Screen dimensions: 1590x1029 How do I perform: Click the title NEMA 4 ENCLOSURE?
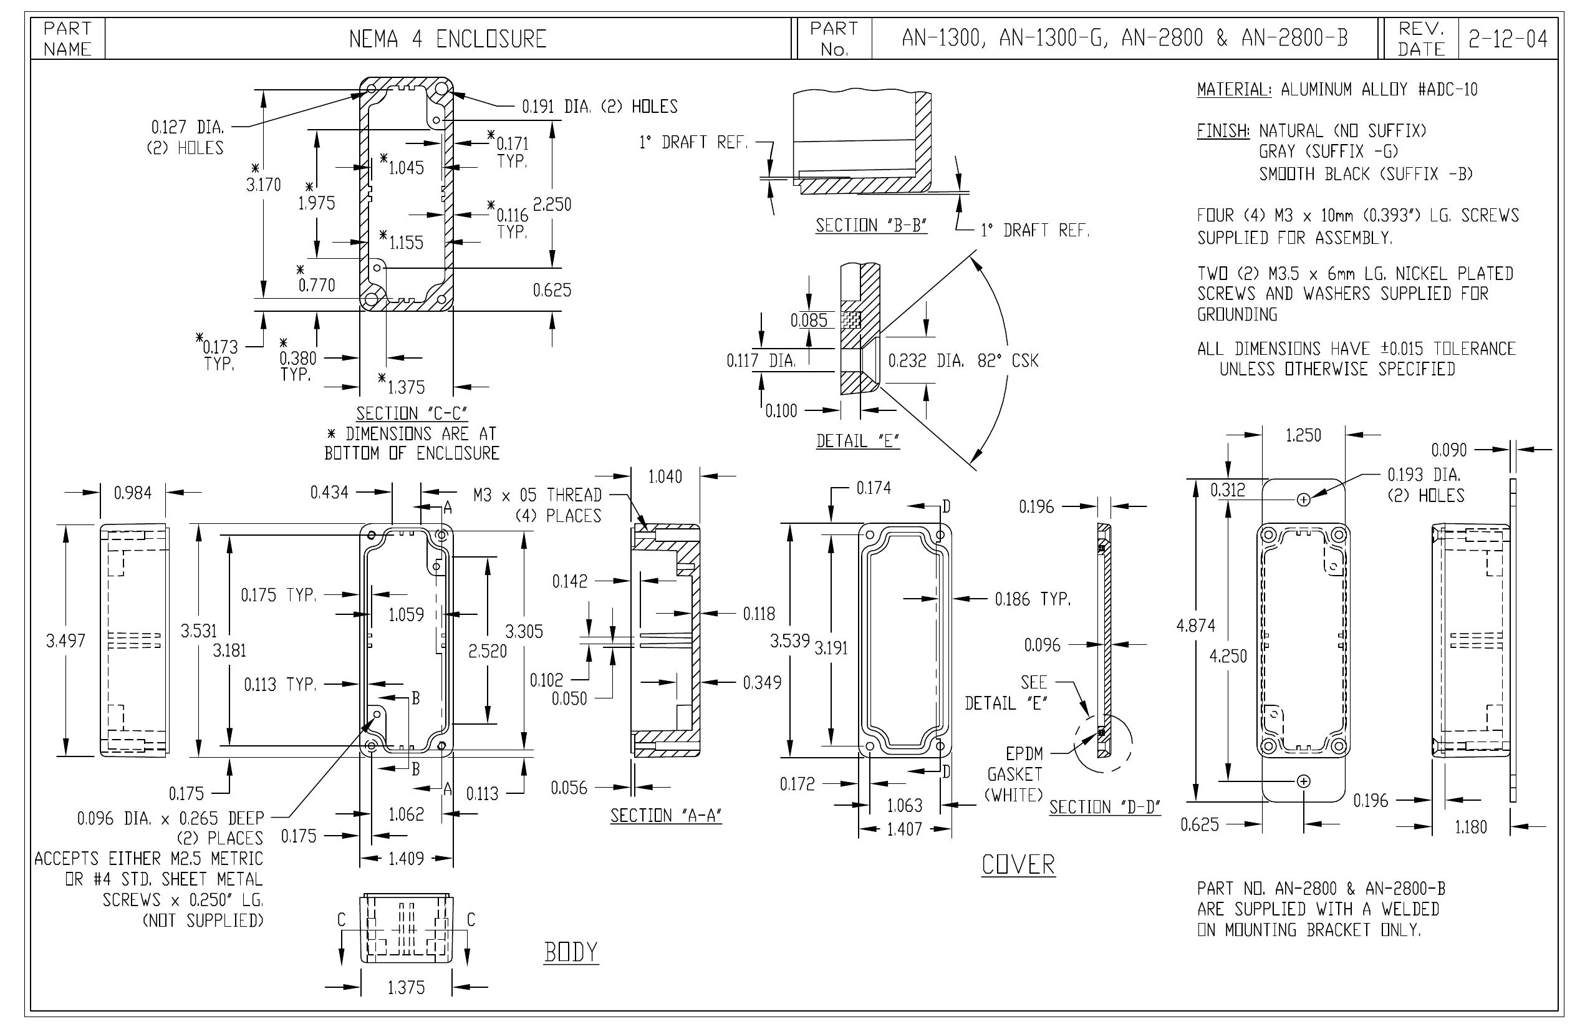[448, 39]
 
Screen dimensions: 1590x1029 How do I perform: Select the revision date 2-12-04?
[1507, 39]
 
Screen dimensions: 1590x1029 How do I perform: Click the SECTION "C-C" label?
[412, 413]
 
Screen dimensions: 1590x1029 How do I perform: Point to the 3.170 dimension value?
[264, 185]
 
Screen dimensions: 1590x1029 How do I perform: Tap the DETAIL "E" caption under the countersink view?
[858, 441]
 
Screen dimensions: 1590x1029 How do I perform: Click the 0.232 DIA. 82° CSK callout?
[963, 361]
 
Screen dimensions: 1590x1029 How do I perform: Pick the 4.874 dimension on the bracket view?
[1196, 626]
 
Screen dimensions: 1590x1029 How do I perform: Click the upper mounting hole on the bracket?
[1303, 500]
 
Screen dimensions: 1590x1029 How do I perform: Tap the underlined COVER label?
[1018, 864]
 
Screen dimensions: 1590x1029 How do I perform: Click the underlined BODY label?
[571, 952]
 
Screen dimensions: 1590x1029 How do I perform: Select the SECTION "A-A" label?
[666, 815]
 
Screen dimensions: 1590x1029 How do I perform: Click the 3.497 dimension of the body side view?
[65, 641]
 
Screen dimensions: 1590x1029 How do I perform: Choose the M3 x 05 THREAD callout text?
[537, 495]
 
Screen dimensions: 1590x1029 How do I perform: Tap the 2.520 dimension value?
[488, 651]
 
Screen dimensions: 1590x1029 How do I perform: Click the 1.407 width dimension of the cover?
[904, 829]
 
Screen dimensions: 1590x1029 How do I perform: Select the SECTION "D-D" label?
[1105, 807]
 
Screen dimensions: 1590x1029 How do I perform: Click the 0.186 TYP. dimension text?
[1033, 599]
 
